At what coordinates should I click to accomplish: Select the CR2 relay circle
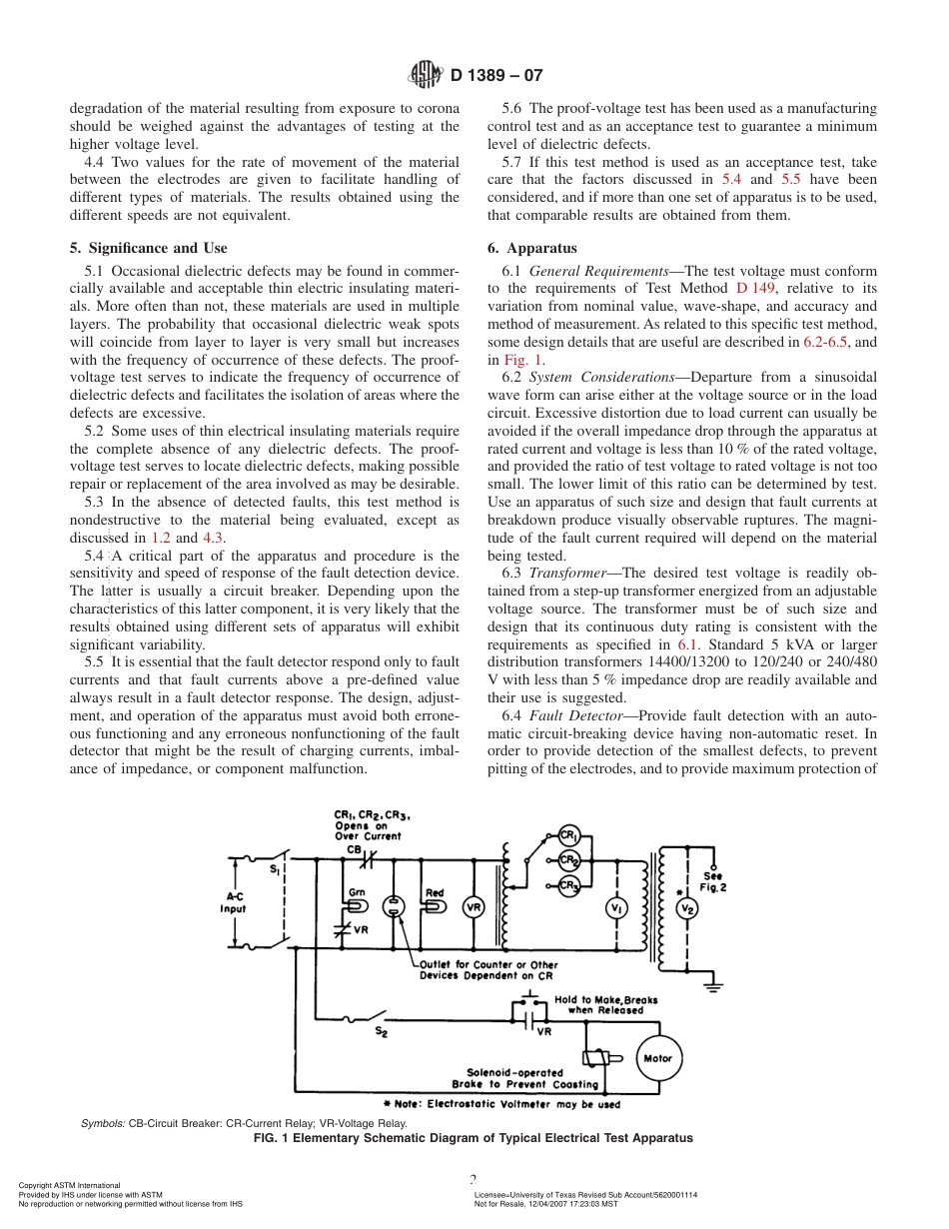[x=568, y=860]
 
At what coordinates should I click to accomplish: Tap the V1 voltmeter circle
[x=616, y=907]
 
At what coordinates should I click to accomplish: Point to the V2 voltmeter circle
[x=686, y=908]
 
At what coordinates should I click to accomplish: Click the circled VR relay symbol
[x=474, y=907]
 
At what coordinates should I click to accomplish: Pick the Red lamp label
[x=435, y=892]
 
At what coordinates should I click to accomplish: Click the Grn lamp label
[x=357, y=891]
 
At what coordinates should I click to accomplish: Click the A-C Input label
[x=232, y=903]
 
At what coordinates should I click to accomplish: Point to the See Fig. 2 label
[x=712, y=880]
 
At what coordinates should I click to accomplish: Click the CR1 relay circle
[x=568, y=835]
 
